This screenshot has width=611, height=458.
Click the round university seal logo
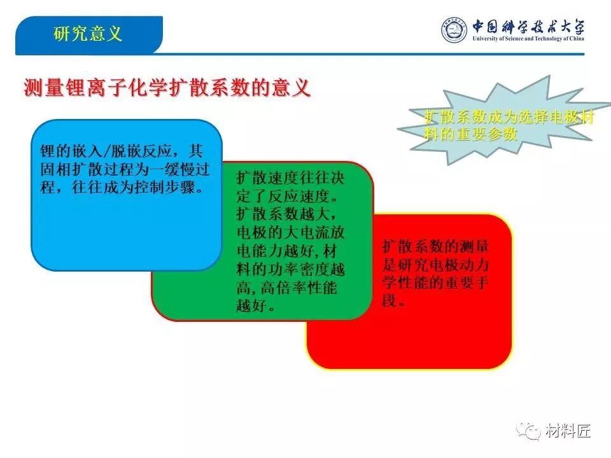454,30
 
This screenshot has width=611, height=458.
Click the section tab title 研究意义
88,34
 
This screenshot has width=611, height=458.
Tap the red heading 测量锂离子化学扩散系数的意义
167,87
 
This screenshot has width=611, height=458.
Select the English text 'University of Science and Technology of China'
528,39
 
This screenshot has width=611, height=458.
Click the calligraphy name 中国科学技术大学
528,27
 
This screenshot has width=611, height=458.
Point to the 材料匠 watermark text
568,431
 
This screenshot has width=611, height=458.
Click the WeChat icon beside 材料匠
528,431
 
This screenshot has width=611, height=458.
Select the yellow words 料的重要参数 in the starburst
471,134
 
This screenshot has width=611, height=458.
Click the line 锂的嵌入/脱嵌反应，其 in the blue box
121,151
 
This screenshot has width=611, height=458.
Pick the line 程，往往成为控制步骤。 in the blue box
122,187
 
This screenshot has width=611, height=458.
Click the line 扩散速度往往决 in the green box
290,177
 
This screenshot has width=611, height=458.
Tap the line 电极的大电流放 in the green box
290,233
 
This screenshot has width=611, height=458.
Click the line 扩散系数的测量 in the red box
435,247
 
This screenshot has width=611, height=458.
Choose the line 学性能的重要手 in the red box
435,282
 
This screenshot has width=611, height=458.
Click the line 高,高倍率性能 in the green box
286,288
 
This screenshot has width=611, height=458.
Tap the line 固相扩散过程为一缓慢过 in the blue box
125,169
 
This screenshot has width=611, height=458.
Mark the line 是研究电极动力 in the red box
435,265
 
